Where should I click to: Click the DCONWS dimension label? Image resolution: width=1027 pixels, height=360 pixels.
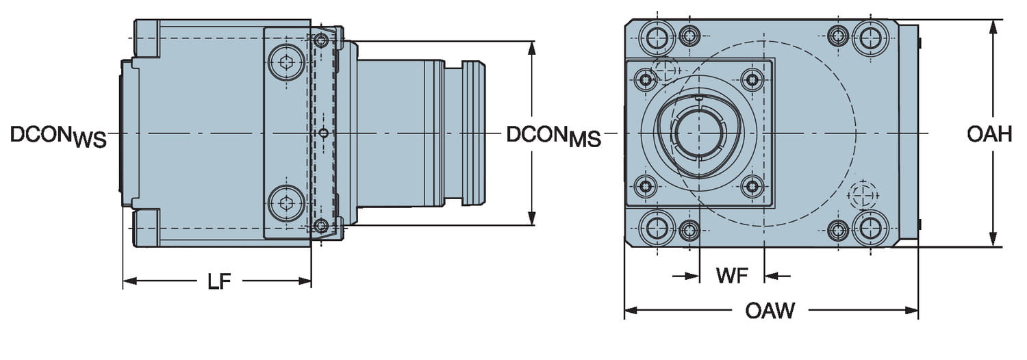pyautogui.click(x=59, y=136)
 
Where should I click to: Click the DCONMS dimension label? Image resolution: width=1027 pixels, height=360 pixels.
pyautogui.click(x=553, y=136)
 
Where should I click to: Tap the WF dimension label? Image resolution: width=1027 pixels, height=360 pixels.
pyautogui.click(x=732, y=276)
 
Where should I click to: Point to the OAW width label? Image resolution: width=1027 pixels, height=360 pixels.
pyautogui.click(x=770, y=311)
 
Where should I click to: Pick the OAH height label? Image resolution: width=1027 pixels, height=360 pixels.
pyautogui.click(x=989, y=134)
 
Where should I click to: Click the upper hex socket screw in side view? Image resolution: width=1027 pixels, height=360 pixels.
pyautogui.click(x=286, y=63)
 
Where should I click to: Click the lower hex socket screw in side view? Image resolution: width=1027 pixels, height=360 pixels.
pyautogui.click(x=286, y=203)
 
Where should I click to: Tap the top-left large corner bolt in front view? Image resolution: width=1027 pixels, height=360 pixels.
pyautogui.click(x=657, y=36)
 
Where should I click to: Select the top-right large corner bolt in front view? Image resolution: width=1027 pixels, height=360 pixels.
pyautogui.click(x=870, y=36)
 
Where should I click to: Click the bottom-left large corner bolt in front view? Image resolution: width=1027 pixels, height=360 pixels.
pyautogui.click(x=657, y=228)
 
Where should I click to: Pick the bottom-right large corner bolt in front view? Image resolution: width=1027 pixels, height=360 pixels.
pyautogui.click(x=870, y=228)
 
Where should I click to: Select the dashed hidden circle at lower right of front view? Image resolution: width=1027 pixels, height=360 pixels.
pyautogui.click(x=863, y=195)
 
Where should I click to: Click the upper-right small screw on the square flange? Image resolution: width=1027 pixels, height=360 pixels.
pyautogui.click(x=752, y=80)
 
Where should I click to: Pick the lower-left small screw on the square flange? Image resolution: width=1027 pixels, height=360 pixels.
pyautogui.click(x=645, y=185)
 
